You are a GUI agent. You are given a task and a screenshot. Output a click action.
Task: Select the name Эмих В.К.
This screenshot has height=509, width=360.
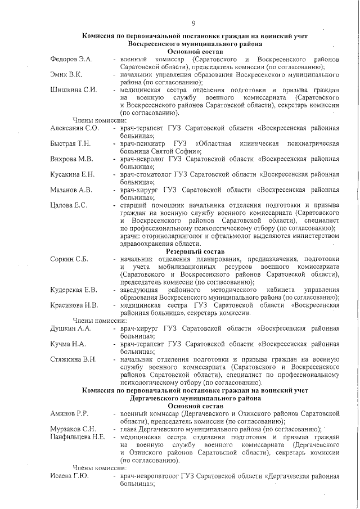click(x=66, y=74)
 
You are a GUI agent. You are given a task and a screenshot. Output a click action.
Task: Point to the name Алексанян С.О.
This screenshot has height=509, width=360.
click(x=75, y=128)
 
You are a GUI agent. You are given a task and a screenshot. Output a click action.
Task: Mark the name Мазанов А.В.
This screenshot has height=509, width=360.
click(x=71, y=190)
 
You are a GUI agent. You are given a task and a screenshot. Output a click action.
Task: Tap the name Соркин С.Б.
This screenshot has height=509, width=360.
click(x=69, y=259)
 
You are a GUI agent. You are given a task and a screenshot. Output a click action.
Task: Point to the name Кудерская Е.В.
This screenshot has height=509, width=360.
click(x=74, y=290)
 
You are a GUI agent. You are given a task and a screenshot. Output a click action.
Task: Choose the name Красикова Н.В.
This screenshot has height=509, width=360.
click(x=74, y=305)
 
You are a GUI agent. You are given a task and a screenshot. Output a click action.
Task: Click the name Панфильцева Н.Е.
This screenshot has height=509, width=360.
click(x=78, y=436)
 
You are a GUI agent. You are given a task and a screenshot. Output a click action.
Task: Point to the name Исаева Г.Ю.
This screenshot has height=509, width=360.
click(x=69, y=476)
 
